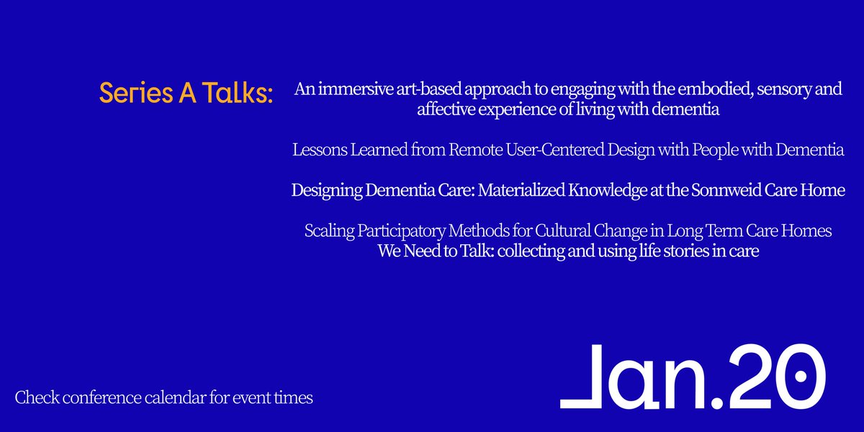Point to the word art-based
pos(416,91)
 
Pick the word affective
pos(447,110)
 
